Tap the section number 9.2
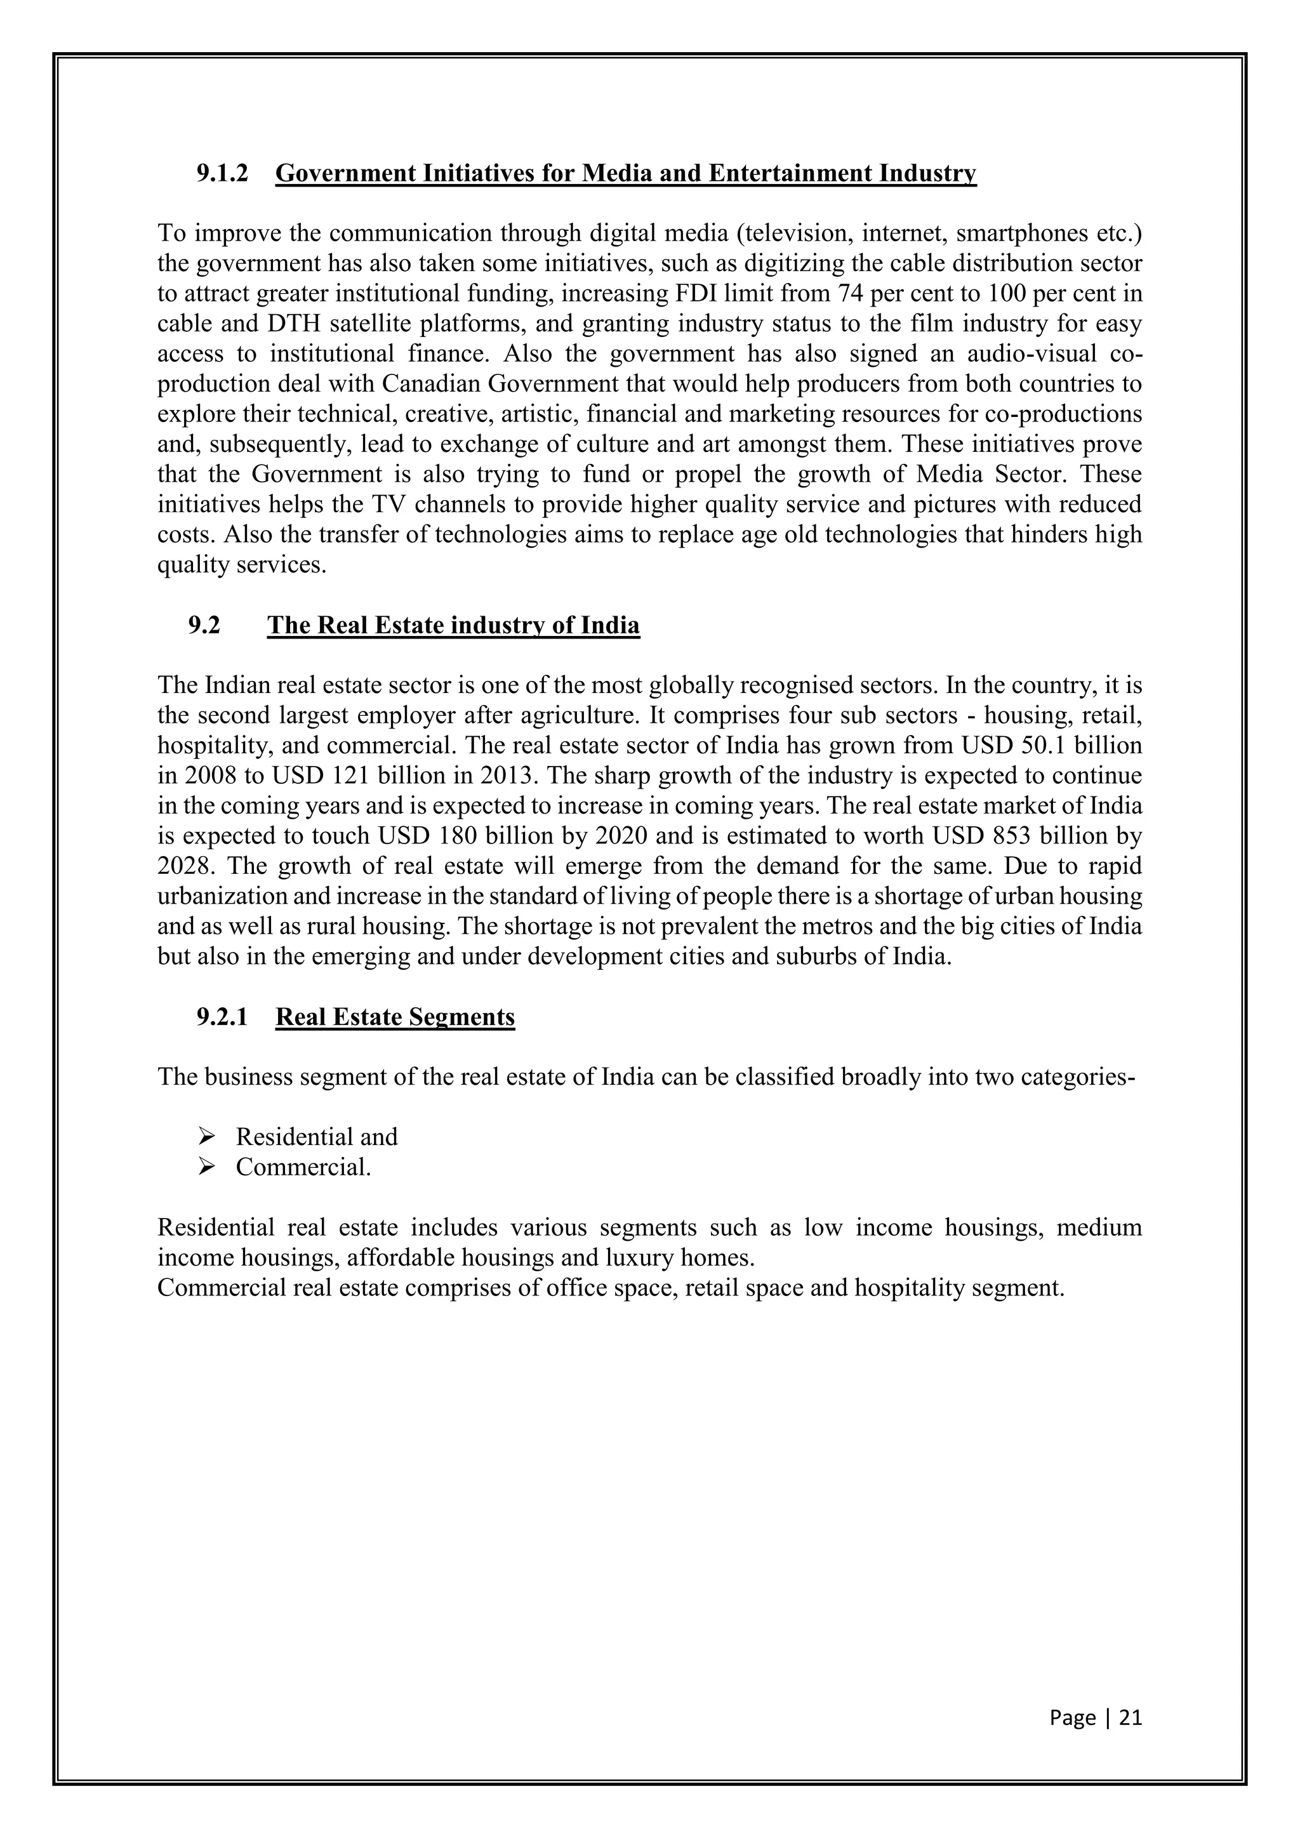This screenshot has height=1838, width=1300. [204, 625]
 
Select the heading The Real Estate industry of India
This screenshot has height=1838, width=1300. [453, 625]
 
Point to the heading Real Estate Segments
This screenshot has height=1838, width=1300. [395, 1017]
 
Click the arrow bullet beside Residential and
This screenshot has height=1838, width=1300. [206, 1137]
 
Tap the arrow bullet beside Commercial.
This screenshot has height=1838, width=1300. [206, 1167]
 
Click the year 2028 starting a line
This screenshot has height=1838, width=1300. [181, 867]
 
